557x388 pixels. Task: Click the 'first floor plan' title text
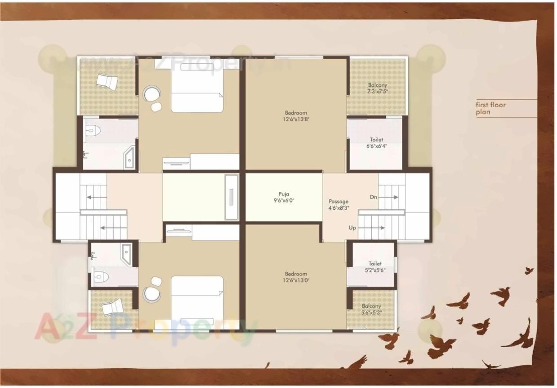point(491,108)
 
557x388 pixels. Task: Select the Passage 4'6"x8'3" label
point(339,205)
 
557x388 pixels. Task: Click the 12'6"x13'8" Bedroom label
point(295,116)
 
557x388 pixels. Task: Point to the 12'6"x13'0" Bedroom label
point(295,277)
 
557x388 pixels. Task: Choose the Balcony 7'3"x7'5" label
point(377,88)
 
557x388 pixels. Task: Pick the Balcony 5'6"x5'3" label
point(371,309)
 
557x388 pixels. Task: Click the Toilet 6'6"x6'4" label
point(376,143)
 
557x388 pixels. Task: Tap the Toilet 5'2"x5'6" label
point(374,267)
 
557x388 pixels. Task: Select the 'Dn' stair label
point(374,197)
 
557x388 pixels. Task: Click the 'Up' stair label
point(352,228)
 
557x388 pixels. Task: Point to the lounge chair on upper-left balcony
point(107,82)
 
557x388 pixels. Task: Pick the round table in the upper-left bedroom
point(152,95)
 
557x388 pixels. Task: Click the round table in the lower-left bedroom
point(152,294)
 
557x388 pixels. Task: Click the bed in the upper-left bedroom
point(197,87)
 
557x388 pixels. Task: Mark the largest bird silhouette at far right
point(520,337)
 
